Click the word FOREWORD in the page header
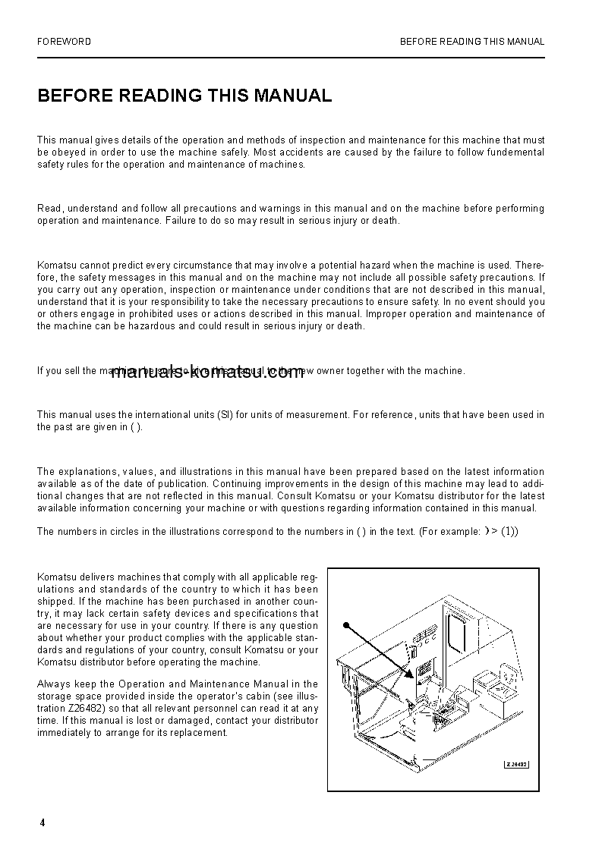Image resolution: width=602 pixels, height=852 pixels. (64, 42)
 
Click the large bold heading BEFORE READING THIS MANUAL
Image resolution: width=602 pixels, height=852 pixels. (184, 96)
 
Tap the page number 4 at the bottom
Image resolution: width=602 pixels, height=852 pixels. (43, 823)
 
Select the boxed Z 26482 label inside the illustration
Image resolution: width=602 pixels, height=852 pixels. (516, 764)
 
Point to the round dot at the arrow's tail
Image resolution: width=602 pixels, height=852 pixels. (345, 626)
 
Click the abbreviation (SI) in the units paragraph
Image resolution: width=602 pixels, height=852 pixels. (225, 415)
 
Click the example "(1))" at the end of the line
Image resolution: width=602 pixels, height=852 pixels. (509, 532)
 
